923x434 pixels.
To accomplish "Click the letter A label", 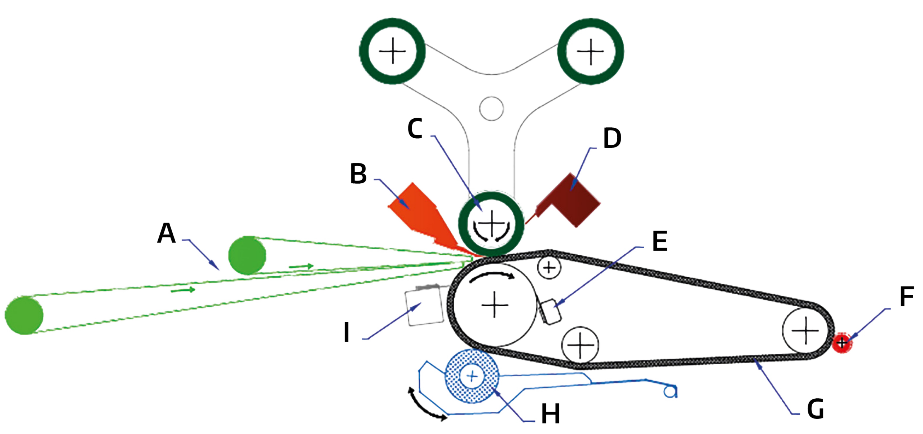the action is point(166,233).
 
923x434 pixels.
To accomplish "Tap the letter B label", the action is point(358,174).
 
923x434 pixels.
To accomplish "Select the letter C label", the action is point(415,128).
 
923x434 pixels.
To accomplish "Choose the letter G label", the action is point(815,409).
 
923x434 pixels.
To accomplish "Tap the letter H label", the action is point(551,414).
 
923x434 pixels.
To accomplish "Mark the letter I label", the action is point(346,332).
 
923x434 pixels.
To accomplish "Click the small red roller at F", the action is point(842,342).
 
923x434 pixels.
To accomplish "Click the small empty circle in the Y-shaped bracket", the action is point(491,108).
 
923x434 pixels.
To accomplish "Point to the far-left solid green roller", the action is point(24,315).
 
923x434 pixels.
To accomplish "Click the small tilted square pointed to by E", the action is point(550,311).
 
